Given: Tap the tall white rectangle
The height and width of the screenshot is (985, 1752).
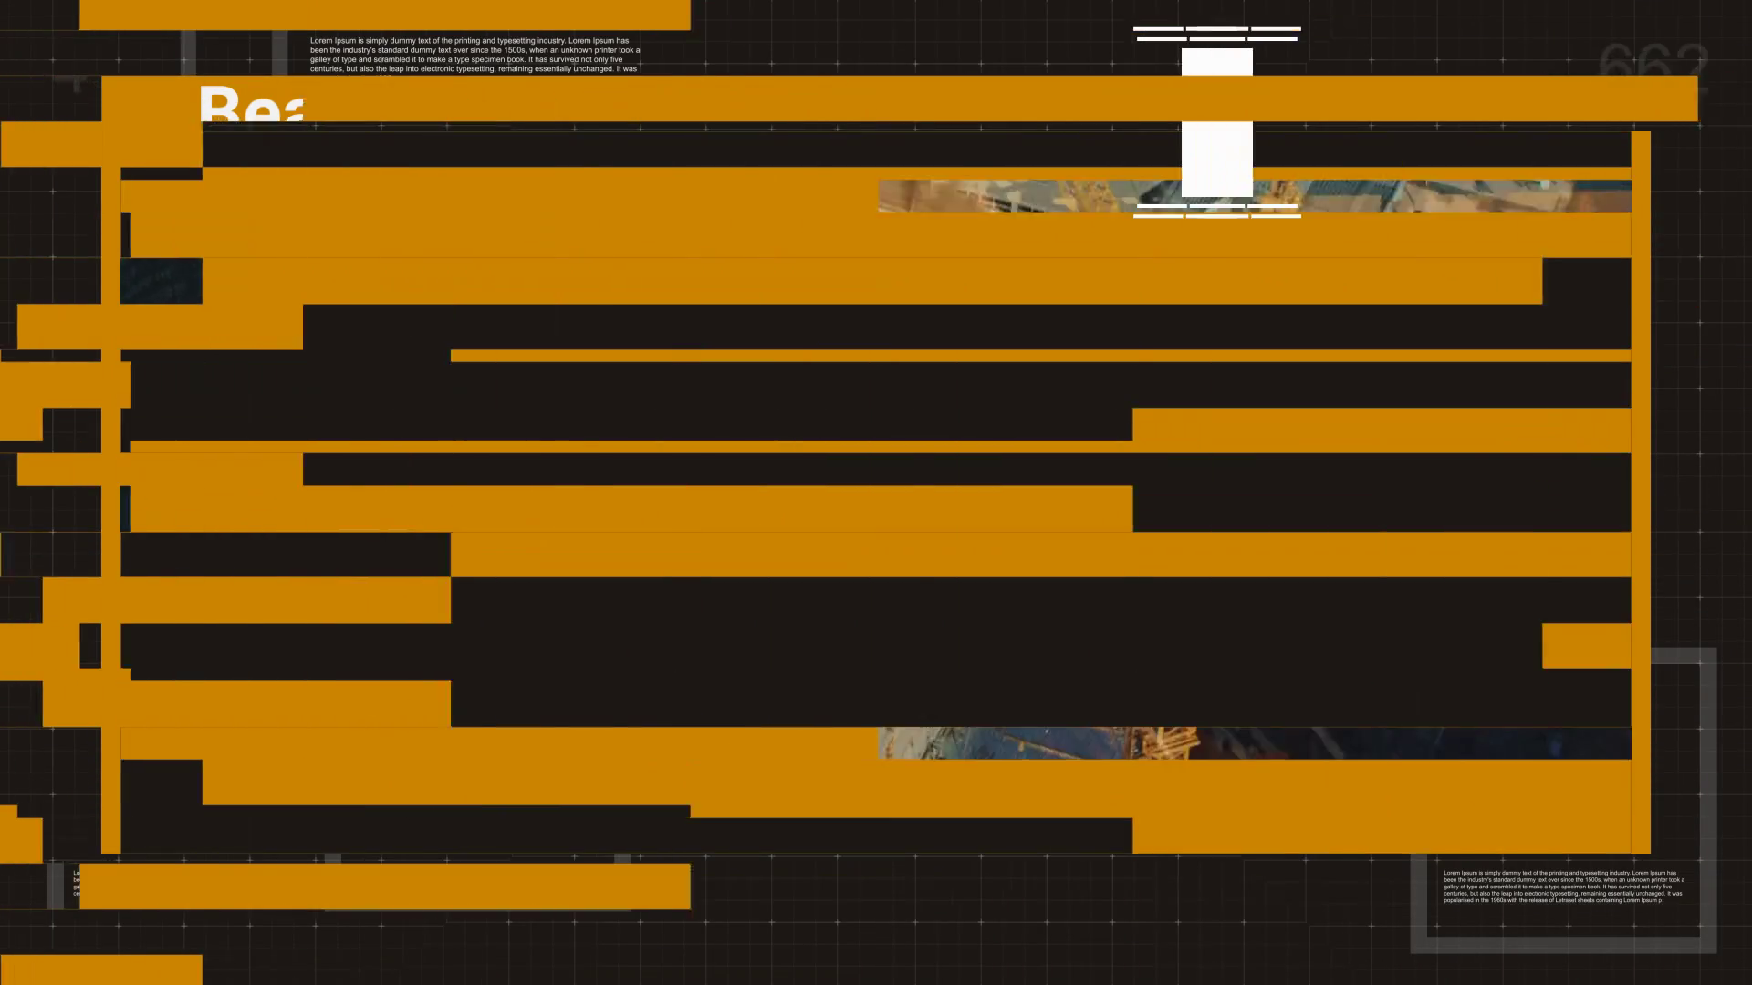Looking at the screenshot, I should click(x=1216, y=123).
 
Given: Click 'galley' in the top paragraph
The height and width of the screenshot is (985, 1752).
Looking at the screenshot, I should click(x=320, y=60).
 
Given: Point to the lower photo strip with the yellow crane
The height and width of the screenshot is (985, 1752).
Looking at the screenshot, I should click(x=1254, y=743).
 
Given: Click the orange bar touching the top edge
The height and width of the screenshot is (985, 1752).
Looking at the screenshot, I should click(x=384, y=15).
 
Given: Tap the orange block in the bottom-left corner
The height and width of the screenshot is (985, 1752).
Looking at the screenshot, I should click(x=100, y=969).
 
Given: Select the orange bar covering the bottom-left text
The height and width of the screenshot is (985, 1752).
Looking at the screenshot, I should click(x=384, y=886).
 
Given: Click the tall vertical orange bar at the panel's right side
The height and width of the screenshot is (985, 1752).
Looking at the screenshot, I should click(x=1641, y=493).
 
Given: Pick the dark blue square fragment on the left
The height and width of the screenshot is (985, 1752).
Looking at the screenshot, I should click(x=161, y=281).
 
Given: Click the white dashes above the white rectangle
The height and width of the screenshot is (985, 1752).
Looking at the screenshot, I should click(x=1216, y=34).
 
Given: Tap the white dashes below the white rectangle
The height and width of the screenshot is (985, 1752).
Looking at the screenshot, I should click(x=1216, y=211).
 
